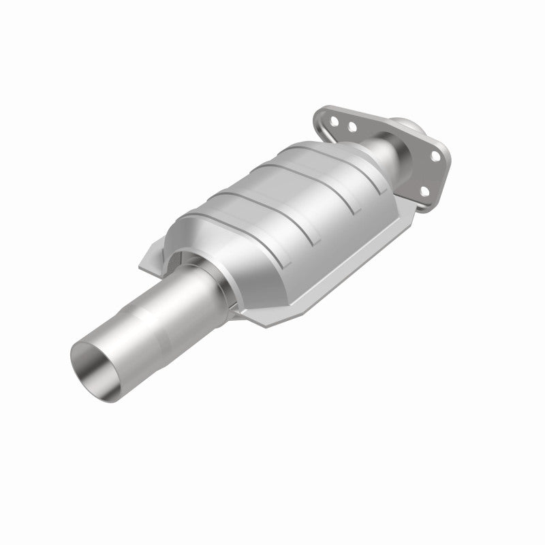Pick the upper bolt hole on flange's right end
tap(434, 157)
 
